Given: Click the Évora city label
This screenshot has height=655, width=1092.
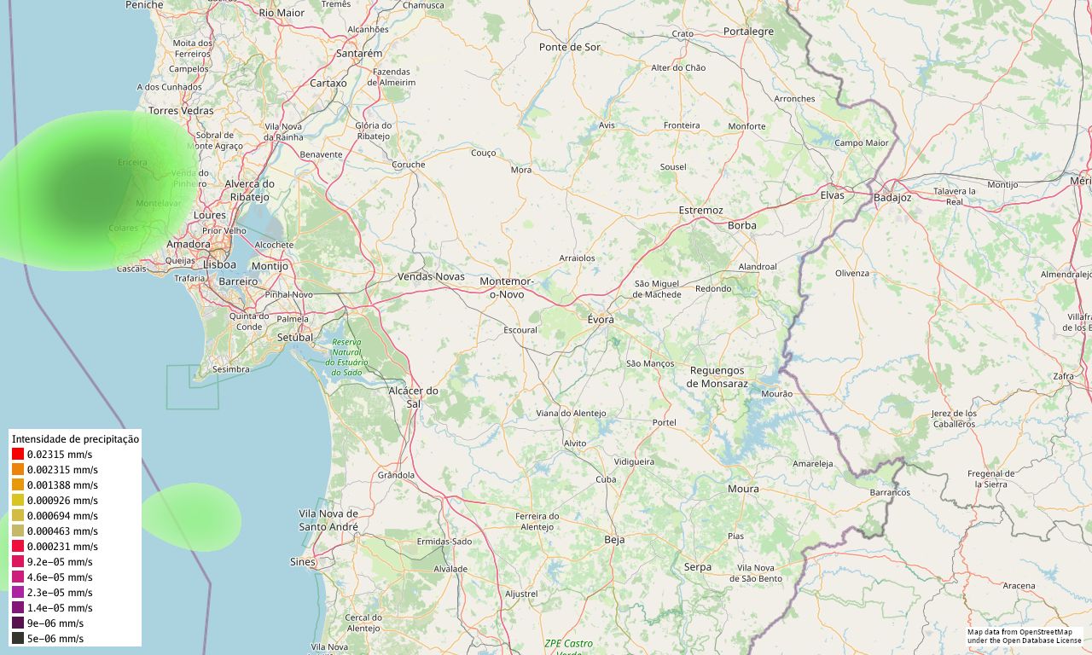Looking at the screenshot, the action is [x=601, y=319].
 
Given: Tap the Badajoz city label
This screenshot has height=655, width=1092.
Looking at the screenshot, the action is [x=892, y=198].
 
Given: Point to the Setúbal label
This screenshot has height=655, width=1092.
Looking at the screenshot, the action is [x=296, y=337].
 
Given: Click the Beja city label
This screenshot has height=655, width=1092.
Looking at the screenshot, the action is [x=614, y=540].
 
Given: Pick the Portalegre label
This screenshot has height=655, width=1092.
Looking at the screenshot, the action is [x=748, y=32].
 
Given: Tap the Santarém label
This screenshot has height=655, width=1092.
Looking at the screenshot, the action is [x=359, y=53].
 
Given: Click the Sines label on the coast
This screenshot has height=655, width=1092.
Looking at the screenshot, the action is [x=302, y=562].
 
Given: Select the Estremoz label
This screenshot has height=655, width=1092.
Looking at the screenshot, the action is [x=700, y=210].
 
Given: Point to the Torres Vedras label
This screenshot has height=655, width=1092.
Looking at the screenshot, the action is [x=181, y=111].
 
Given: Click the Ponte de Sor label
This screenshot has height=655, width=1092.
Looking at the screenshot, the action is [x=570, y=47].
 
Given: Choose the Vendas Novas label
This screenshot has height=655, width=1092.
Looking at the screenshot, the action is [x=432, y=276].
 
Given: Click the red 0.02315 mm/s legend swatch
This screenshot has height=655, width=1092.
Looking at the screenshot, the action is [x=18, y=455].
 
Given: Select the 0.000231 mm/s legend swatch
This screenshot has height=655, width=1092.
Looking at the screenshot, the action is [x=18, y=547].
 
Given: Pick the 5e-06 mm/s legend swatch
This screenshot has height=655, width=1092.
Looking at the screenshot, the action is [x=18, y=639].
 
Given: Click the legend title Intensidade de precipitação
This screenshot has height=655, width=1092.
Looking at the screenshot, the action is [x=75, y=438].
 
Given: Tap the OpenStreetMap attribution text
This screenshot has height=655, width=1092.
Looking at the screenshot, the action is [x=1025, y=636].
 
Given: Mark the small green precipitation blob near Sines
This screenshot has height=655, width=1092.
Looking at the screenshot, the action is [x=191, y=516].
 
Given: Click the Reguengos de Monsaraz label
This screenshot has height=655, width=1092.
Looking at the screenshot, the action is [x=717, y=377].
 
